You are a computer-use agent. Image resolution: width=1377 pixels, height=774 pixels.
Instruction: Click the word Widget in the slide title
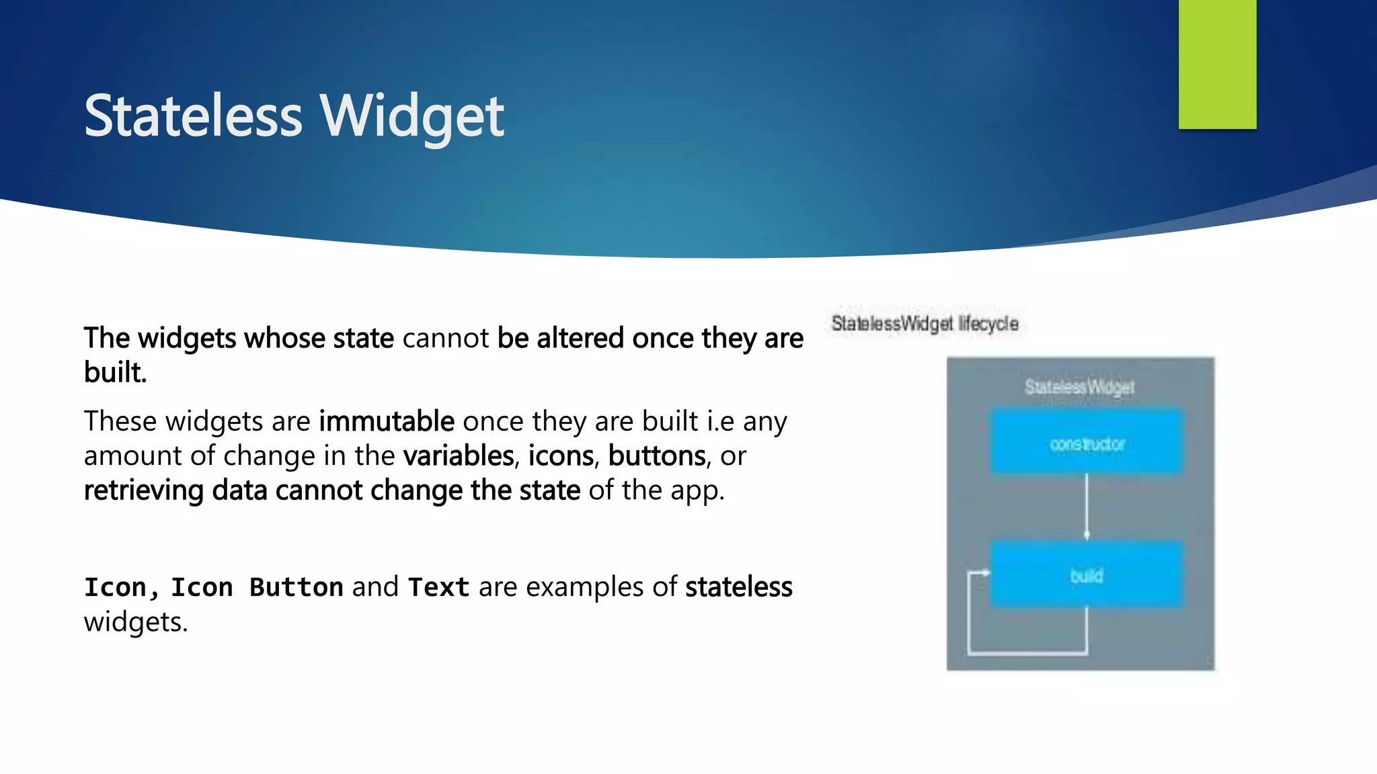[x=411, y=116]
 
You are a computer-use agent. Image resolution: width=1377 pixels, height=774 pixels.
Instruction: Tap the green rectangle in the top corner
[x=1217, y=64]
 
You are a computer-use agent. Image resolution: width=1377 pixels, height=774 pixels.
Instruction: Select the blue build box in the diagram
[x=1087, y=575]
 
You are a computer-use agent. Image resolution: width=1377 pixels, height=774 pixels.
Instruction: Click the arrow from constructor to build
[x=1087, y=507]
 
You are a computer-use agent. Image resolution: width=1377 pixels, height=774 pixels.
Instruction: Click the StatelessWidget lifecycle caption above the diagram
[x=924, y=324]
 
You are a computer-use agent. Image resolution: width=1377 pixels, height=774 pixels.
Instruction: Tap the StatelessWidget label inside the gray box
[x=1079, y=387]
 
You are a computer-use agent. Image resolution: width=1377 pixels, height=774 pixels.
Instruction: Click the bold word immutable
[x=387, y=422]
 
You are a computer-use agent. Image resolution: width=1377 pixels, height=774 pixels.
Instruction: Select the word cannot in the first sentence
[x=445, y=338]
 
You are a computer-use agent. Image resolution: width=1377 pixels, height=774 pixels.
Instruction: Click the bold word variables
[x=459, y=456]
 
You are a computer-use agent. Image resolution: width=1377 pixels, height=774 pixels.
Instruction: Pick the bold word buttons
[x=657, y=456]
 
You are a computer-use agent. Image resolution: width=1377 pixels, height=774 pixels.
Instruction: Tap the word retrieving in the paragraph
[x=143, y=490]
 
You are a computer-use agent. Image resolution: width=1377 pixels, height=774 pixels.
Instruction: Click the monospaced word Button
[x=296, y=588]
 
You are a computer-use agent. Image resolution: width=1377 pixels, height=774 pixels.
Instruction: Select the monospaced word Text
[x=438, y=588]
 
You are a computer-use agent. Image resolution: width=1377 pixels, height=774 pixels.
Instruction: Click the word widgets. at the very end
[x=135, y=622]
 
